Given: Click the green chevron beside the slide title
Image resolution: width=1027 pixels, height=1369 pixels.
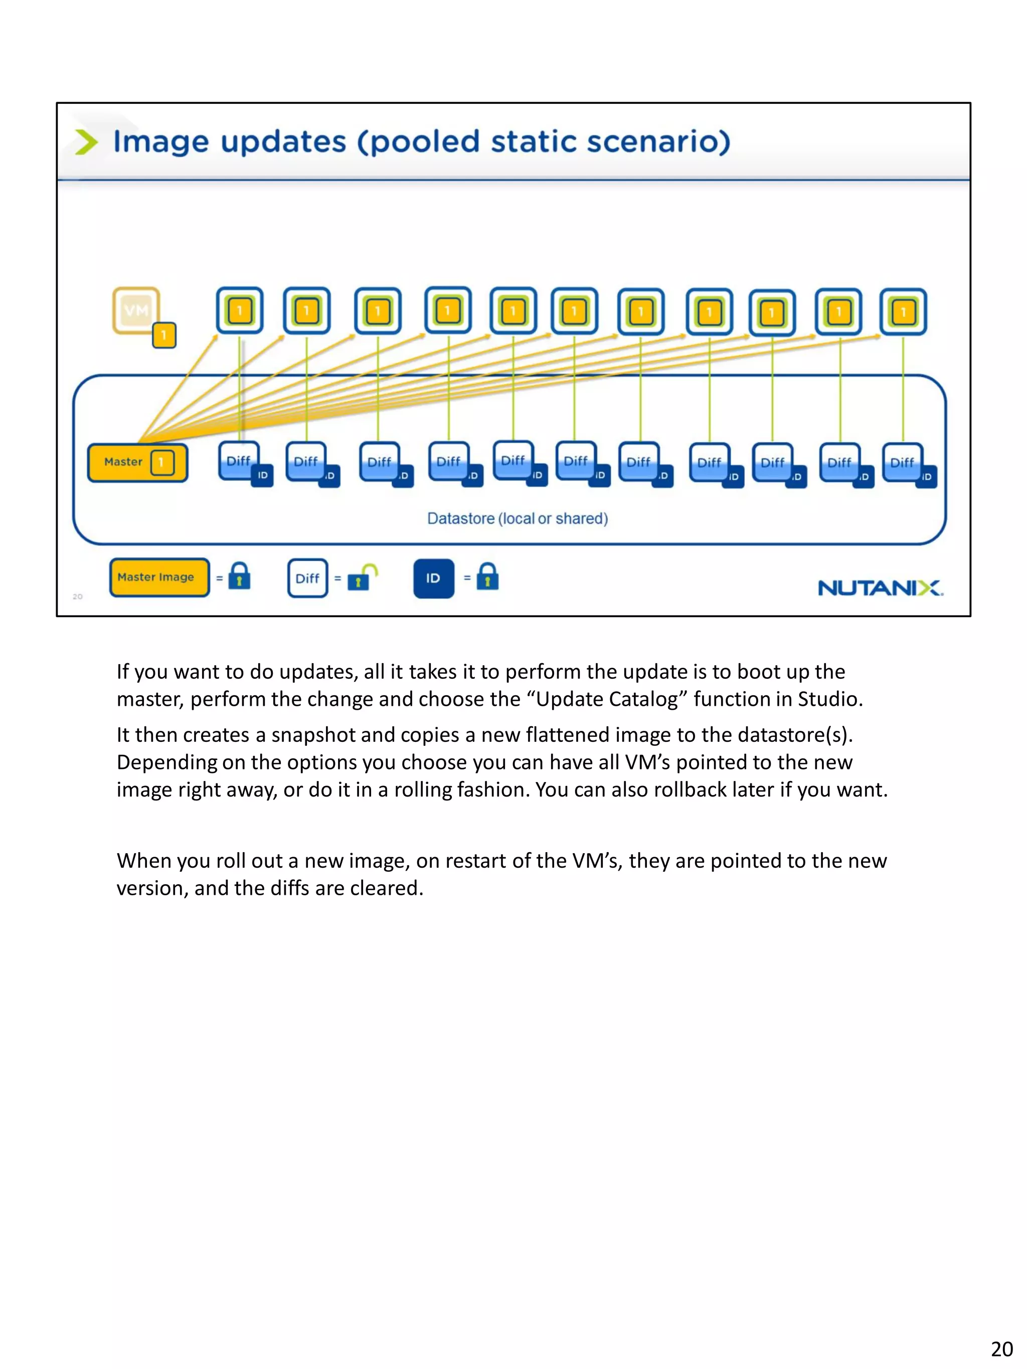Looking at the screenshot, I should pyautogui.click(x=86, y=142).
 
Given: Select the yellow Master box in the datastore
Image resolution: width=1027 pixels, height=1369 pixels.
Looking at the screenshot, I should pyautogui.click(x=137, y=462).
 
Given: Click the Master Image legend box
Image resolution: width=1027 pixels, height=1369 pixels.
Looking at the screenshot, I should pyautogui.click(x=159, y=577).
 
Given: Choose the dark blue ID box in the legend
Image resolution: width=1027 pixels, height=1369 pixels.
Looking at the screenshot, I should pyautogui.click(x=433, y=578).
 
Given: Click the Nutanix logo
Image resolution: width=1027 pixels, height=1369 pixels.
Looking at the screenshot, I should pyautogui.click(x=880, y=588).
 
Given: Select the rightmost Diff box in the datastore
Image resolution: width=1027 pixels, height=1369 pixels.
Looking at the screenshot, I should pyautogui.click(x=903, y=463).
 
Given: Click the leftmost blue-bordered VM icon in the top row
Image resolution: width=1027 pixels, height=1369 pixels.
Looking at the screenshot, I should pyautogui.click(x=240, y=311).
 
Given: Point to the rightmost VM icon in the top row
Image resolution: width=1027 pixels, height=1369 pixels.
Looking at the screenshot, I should pyautogui.click(x=903, y=312).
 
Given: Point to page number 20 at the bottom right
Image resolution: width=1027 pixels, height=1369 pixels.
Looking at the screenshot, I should pyautogui.click(x=1001, y=1348).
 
